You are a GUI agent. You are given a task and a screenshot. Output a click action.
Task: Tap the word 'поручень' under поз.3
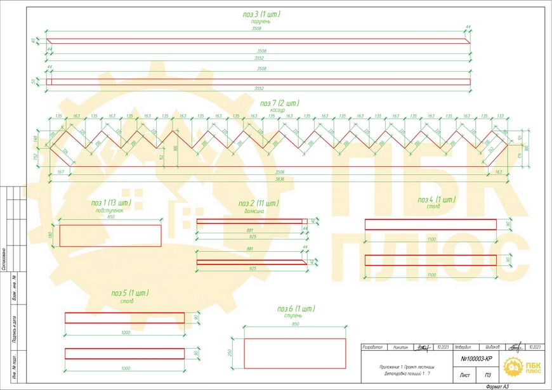coord(261,20)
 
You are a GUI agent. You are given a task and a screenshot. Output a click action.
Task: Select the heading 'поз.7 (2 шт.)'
coord(279,103)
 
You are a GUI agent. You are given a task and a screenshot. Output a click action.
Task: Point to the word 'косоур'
coord(278,110)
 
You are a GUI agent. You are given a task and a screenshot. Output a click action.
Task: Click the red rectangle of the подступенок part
coord(110,235)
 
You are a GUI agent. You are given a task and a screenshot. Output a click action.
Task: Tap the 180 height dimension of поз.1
coord(51,235)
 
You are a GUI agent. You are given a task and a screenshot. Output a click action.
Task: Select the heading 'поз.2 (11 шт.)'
coord(259,203)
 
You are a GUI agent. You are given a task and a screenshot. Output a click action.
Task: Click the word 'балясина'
coord(254,211)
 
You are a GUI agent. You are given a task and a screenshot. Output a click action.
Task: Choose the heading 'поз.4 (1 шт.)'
coord(437,200)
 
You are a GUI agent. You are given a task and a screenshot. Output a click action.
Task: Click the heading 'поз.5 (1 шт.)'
coord(130,294)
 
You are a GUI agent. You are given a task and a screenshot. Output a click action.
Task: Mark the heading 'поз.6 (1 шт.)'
coord(296,309)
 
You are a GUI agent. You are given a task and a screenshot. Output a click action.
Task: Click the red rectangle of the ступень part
coord(295,353)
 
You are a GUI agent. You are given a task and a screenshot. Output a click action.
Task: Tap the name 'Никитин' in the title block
coord(401,348)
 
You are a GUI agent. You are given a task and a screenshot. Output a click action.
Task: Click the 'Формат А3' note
coord(497,386)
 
